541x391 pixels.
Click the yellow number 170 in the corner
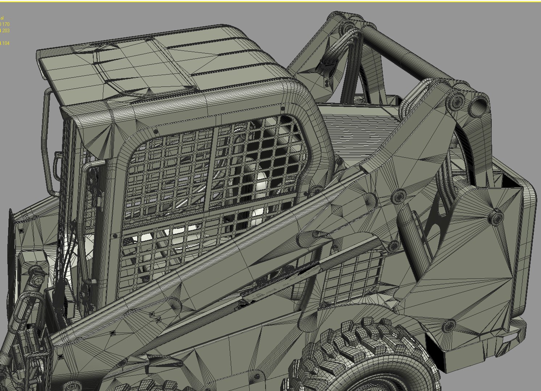coord(5,24)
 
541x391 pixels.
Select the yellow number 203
coord(5,31)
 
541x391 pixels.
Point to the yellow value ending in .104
coord(5,43)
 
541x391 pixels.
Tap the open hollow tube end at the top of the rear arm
coord(481,105)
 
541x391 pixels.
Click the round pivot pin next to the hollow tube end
coord(457,100)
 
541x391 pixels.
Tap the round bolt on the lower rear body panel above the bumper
coord(449,326)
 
